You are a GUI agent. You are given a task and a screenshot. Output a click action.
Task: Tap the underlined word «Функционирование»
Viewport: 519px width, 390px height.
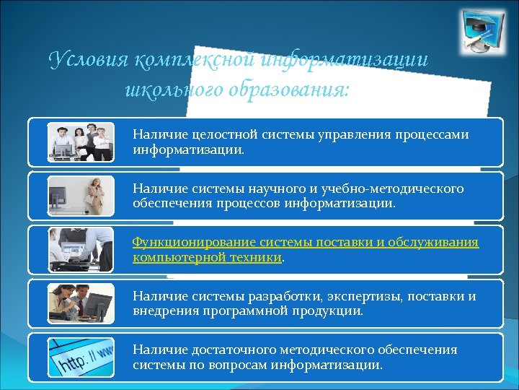(186, 242)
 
